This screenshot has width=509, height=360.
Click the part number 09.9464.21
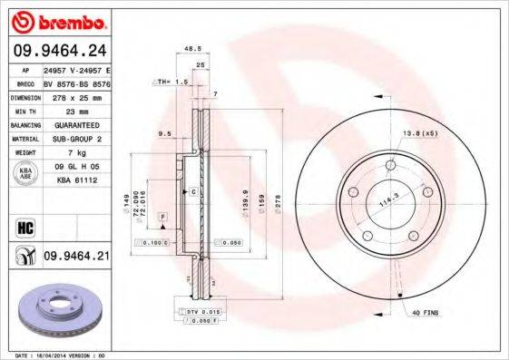(x=76, y=258)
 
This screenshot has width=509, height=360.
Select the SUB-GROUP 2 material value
(x=75, y=138)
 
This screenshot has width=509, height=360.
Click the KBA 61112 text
(x=76, y=180)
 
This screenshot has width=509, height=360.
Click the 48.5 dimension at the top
(x=191, y=49)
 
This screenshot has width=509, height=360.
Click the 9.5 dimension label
(x=164, y=133)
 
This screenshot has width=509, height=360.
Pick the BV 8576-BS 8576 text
(x=76, y=81)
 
